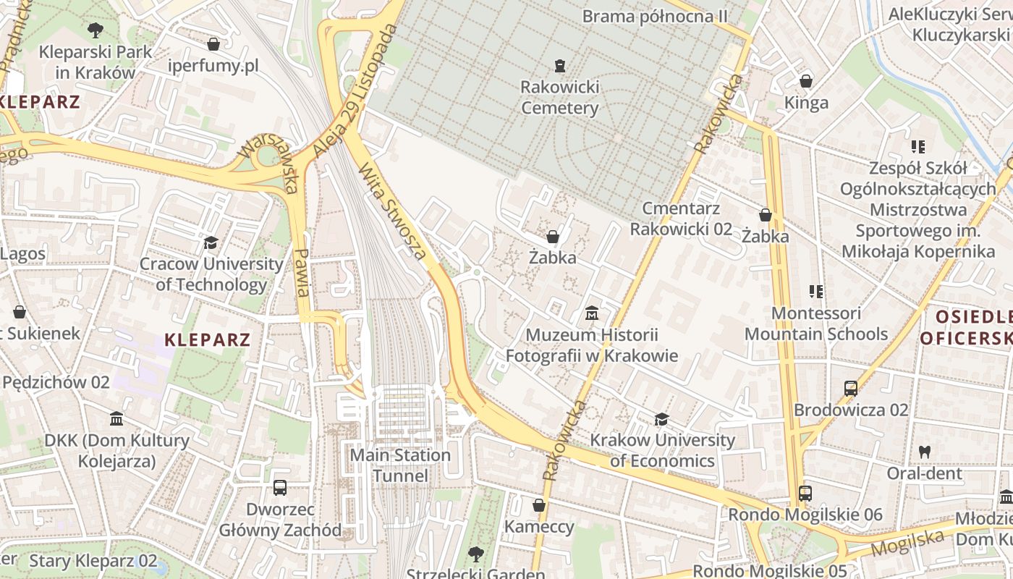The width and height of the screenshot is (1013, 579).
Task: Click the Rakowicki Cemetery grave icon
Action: pos(559,66)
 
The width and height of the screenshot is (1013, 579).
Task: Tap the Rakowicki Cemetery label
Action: pos(560,98)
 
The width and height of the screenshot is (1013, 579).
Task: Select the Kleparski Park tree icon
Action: pos(95,30)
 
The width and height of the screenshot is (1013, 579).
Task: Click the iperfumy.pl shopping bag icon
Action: pos(213,44)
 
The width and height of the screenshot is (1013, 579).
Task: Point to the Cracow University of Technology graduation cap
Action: pos(211,242)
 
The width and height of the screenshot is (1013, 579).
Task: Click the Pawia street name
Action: pos(302,272)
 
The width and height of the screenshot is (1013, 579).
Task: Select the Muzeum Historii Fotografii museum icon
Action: pos(592,313)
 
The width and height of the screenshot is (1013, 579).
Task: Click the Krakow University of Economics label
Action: pos(662,450)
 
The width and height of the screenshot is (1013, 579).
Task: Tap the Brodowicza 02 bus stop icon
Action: pos(851,388)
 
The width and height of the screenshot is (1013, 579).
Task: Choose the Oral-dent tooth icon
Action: pos(924,452)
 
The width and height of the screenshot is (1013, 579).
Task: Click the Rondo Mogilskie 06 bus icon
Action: pos(805,494)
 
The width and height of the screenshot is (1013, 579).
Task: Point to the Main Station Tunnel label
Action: pos(400,465)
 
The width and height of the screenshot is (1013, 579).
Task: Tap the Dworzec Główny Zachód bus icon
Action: pos(280,487)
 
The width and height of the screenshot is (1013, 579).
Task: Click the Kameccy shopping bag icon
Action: pos(539,504)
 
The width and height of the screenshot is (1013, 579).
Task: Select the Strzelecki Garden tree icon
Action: pos(475,554)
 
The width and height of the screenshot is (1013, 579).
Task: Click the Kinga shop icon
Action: pos(806,80)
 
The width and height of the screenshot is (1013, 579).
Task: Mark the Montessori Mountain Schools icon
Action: pos(816,292)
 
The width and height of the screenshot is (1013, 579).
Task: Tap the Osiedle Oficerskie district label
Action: pos(966,327)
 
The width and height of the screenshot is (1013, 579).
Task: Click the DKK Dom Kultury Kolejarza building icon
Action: pos(116,418)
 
